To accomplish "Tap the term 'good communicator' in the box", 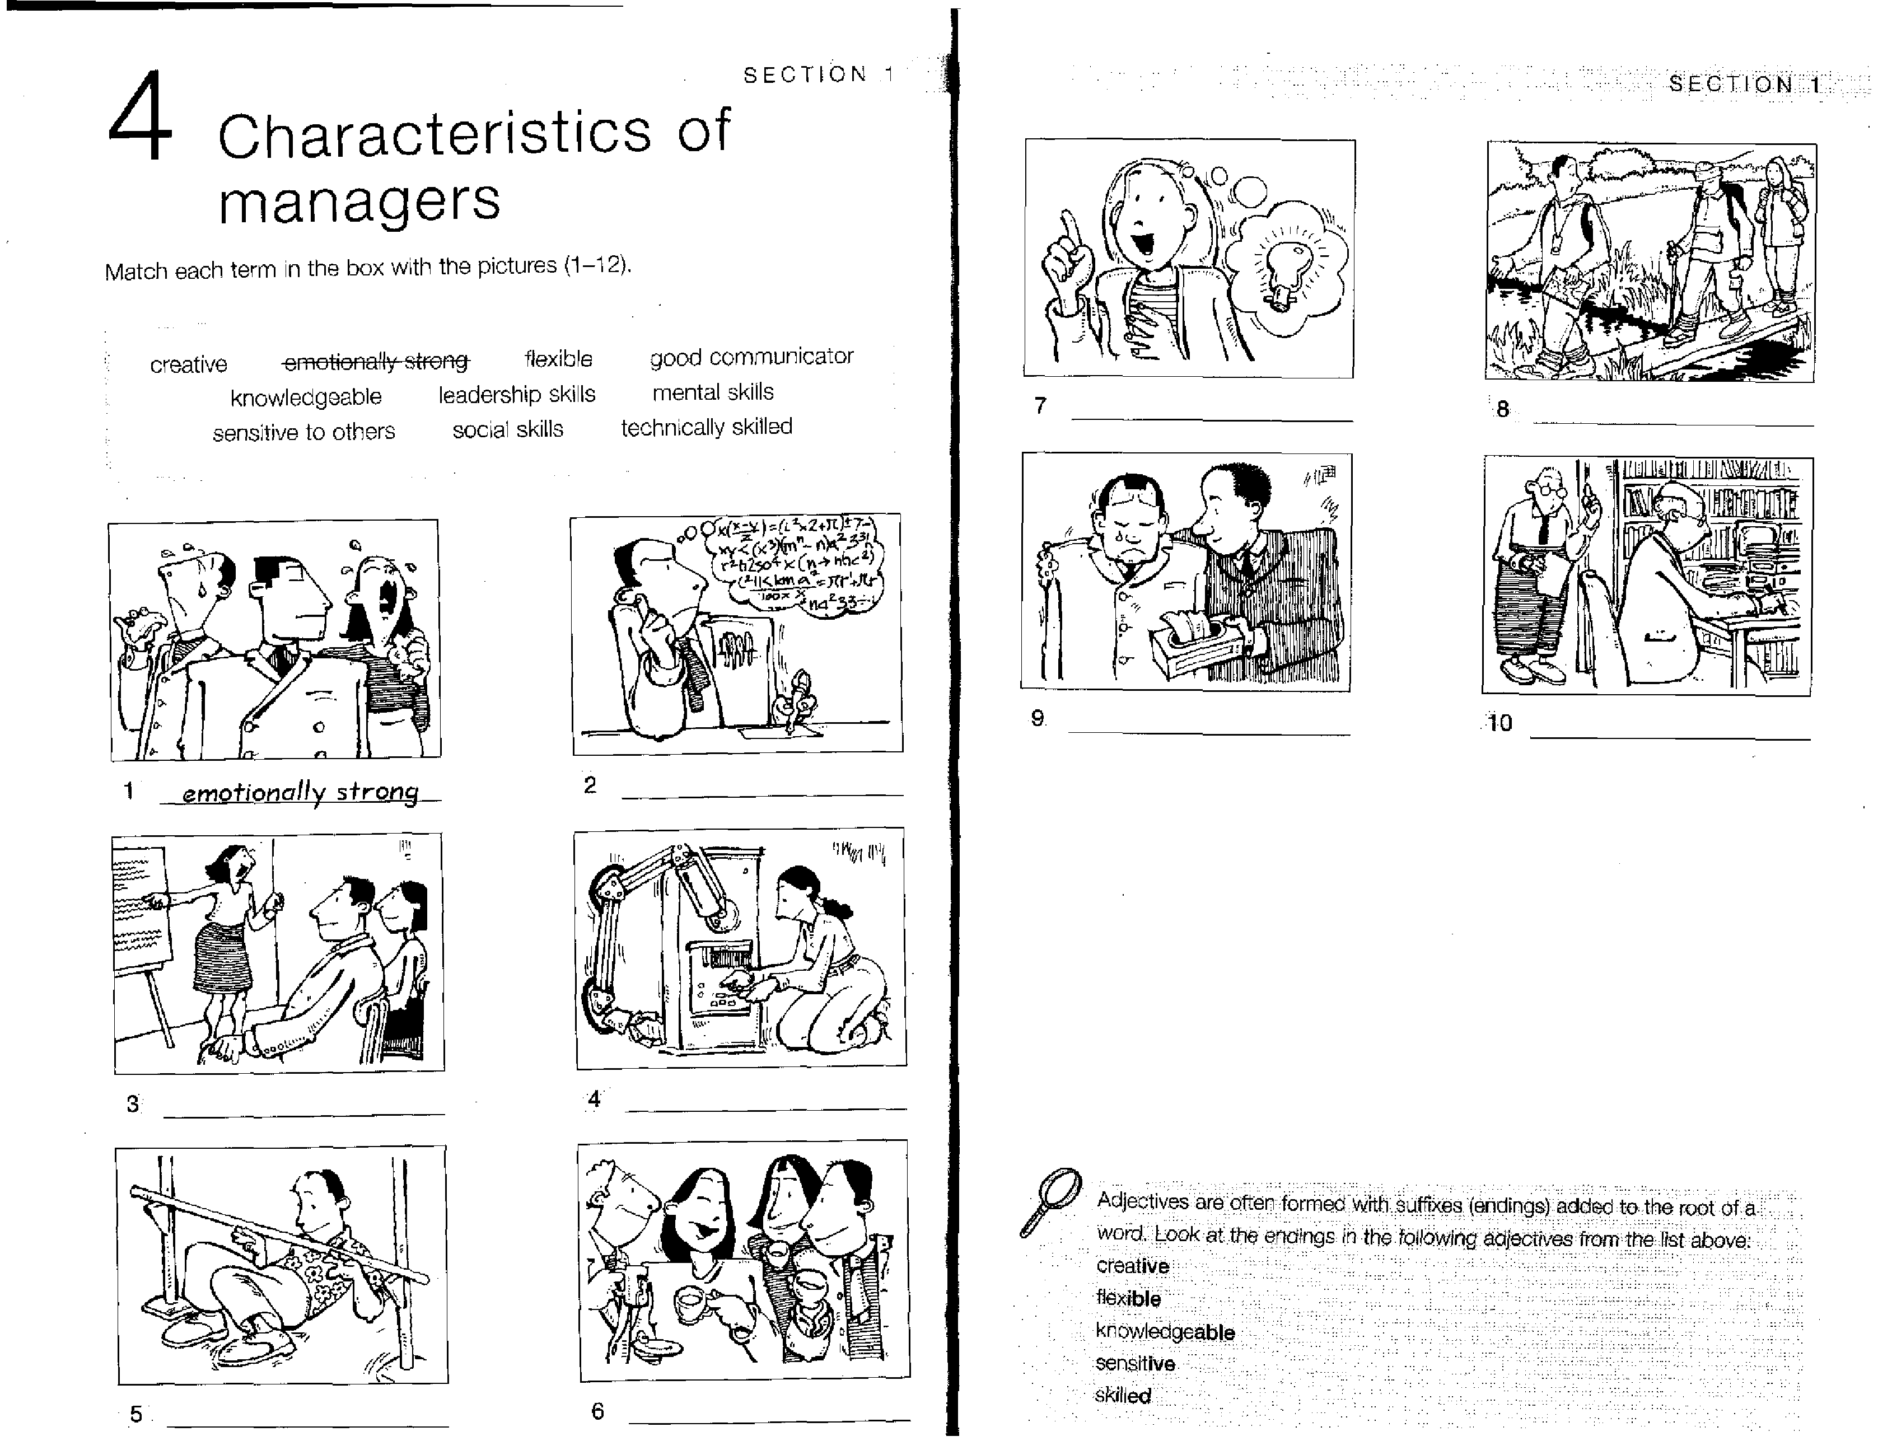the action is (751, 357).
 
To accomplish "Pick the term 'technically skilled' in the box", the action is (706, 427).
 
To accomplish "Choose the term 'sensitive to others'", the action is (303, 432).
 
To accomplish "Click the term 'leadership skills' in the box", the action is (516, 395).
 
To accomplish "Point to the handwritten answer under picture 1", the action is (300, 792).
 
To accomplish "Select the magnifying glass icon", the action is (1050, 1201).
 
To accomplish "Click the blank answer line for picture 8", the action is (1673, 424).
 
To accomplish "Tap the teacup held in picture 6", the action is (690, 1304).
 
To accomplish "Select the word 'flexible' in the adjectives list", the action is (1128, 1298).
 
